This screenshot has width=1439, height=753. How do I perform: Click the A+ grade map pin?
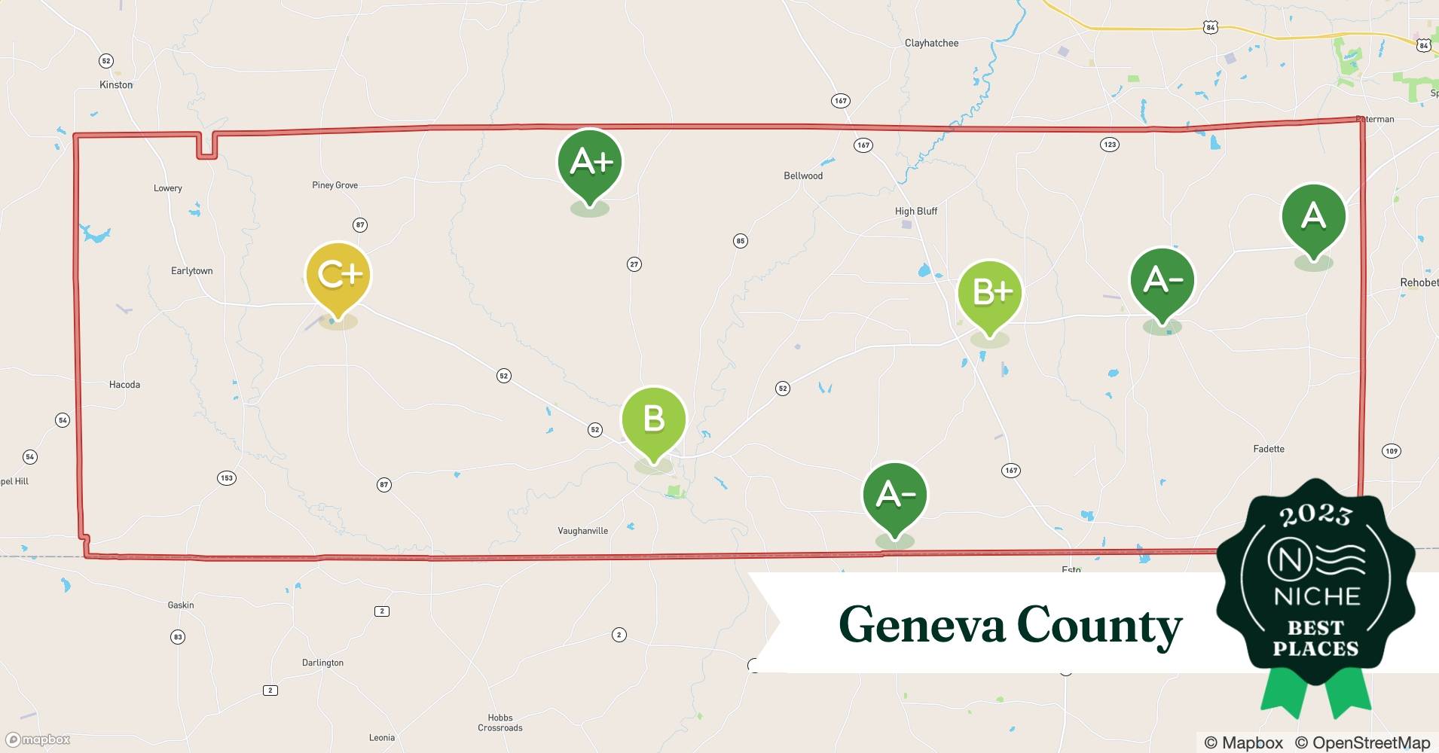tap(590, 162)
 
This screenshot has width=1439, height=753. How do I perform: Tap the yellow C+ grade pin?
tap(338, 275)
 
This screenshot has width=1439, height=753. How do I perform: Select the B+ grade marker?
tap(990, 292)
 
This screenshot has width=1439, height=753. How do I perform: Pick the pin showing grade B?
tap(653, 419)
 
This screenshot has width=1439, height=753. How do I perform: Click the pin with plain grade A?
tap(1313, 217)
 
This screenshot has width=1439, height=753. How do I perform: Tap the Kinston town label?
tap(116, 85)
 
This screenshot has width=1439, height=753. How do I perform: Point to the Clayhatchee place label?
tap(931, 43)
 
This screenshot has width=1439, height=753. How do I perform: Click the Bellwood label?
tap(803, 176)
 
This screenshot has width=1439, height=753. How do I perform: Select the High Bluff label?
tap(916, 212)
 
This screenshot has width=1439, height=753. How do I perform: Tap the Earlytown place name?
tap(192, 271)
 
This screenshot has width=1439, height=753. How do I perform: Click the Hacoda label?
tap(124, 385)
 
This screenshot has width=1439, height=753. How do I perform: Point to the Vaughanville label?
tap(582, 531)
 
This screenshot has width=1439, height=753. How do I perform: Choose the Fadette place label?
tap(1269, 449)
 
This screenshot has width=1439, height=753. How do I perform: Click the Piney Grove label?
tap(335, 185)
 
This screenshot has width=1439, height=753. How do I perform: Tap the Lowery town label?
tap(168, 188)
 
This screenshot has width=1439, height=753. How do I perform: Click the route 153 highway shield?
tap(227, 478)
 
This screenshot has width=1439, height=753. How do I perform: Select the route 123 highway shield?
tap(1109, 145)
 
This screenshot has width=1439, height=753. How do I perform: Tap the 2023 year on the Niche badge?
tap(1315, 514)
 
